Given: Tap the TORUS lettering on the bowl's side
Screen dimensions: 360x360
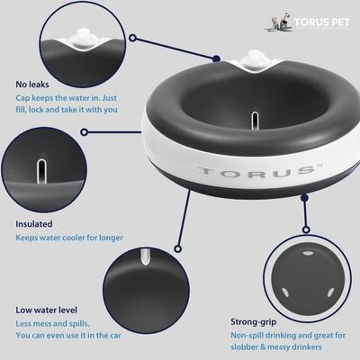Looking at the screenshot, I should pyautogui.click(x=231, y=170).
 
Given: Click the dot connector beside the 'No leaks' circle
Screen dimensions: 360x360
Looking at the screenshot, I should pyautogui.click(x=131, y=39).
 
